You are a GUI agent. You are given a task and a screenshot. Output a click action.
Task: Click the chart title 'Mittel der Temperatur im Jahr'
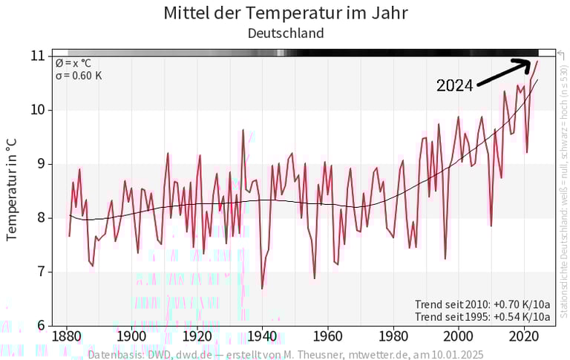tap(286, 13)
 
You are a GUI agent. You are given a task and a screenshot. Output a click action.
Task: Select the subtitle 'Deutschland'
tap(286, 33)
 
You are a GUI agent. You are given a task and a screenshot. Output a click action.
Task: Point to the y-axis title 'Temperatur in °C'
tap(12, 189)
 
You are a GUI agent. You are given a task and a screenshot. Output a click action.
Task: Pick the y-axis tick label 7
tap(39, 272)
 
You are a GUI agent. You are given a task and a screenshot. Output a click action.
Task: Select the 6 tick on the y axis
tap(39, 325)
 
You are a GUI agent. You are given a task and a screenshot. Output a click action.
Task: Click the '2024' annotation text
tap(454, 86)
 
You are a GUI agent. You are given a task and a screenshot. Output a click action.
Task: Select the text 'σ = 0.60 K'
tap(78, 76)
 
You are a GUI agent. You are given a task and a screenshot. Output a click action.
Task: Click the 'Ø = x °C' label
tap(73, 63)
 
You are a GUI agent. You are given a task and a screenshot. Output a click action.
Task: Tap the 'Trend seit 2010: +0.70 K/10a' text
tap(482, 304)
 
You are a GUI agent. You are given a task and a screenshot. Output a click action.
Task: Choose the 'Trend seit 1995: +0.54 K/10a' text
tap(482, 317)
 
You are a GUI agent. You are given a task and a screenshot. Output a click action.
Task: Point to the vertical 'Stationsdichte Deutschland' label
tap(563, 186)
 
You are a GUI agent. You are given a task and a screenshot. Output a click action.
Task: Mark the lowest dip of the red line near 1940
tap(262, 288)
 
